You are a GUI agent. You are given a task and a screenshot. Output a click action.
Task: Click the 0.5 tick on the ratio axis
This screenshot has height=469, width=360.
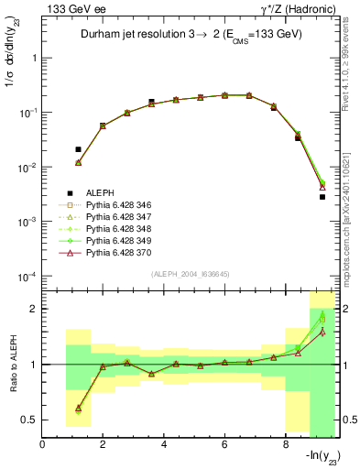point(31,420)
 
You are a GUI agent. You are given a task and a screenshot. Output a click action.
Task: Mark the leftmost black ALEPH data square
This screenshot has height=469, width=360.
point(78,148)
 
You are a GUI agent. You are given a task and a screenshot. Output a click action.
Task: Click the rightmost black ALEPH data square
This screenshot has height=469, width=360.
point(322,197)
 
